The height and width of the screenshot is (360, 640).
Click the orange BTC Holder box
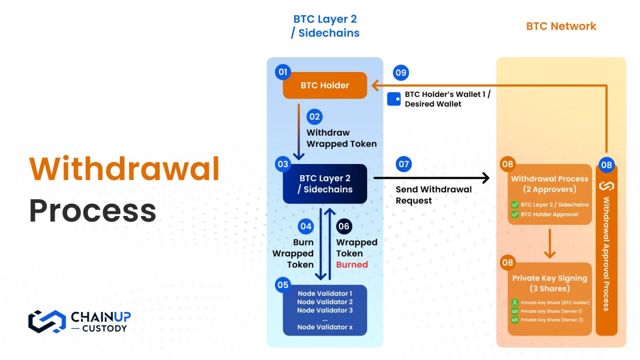click(325, 85)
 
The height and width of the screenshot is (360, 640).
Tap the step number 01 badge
click(283, 72)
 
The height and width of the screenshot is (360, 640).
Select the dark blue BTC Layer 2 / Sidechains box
click(325, 184)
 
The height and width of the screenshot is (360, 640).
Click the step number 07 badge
click(404, 164)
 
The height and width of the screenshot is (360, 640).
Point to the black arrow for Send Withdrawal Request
click(431, 179)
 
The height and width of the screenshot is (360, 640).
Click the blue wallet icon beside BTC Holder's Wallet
click(394, 99)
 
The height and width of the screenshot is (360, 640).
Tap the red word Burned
click(352, 265)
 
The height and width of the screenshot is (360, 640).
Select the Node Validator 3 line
click(325, 310)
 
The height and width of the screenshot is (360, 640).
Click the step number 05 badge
click(283, 285)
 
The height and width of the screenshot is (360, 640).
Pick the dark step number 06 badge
click(344, 226)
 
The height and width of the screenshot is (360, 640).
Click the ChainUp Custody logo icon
click(47, 321)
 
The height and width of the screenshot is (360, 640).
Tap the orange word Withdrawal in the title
click(124, 170)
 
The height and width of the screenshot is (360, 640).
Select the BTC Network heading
click(561, 26)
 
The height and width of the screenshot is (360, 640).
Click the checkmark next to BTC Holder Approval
click(515, 214)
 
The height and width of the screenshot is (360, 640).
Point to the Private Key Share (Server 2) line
click(552, 320)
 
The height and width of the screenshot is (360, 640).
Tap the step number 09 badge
click(401, 72)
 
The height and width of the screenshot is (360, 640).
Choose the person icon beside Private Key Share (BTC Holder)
click(515, 303)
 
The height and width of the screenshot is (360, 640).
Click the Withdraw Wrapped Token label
click(341, 138)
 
